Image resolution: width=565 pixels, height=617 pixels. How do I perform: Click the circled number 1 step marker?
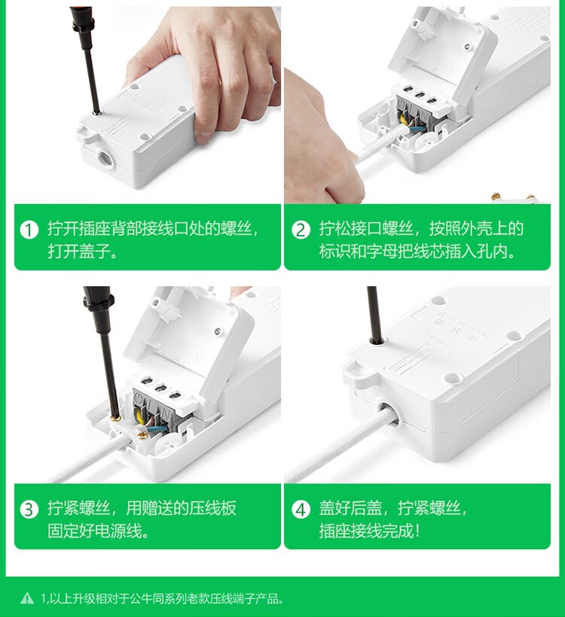click(29, 230)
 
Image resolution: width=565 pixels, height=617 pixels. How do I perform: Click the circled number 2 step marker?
click(301, 230)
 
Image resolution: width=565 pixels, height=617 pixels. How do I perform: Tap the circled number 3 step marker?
click(29, 509)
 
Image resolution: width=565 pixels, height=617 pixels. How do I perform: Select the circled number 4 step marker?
click(301, 509)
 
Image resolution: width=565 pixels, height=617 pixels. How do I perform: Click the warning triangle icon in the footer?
click(27, 598)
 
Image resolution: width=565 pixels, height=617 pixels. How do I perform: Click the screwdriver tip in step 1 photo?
click(96, 112)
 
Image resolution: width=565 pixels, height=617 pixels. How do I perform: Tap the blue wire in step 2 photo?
click(416, 129)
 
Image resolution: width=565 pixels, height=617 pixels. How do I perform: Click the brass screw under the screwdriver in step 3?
click(115, 418)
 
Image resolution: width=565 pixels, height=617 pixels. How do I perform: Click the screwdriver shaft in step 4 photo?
click(374, 313)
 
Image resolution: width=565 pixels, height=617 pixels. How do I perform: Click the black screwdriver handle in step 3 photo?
click(97, 310)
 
